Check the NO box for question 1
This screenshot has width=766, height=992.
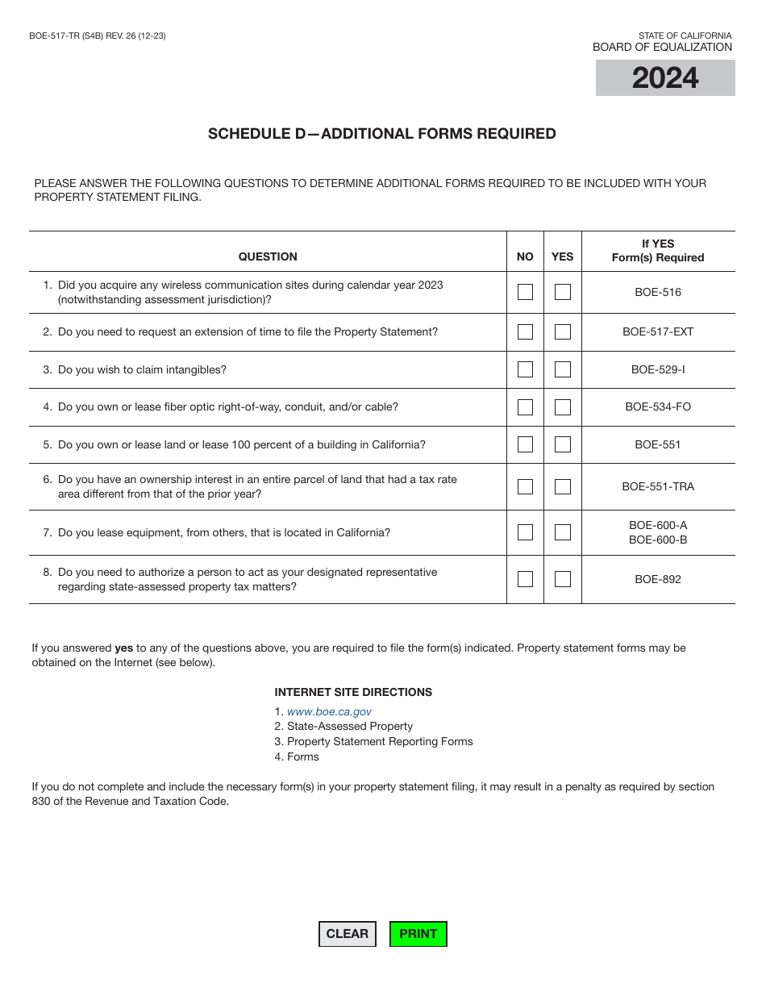coord(525,292)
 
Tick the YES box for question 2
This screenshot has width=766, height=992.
coord(563,331)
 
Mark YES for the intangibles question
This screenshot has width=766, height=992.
coord(563,369)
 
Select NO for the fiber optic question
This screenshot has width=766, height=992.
coord(525,407)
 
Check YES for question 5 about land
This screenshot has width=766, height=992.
coord(563,444)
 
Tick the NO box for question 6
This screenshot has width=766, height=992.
coord(525,486)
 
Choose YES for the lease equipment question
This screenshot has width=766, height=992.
coord(563,532)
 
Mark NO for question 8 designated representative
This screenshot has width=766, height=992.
coord(525,579)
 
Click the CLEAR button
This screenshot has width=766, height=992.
coord(348,934)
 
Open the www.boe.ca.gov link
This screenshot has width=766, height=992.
coord(329,711)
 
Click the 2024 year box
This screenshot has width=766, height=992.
coord(665,78)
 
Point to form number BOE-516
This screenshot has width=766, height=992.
coord(658,292)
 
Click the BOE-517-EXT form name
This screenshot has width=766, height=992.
coord(658,331)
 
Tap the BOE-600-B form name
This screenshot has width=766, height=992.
coord(658,540)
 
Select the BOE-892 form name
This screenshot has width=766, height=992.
coord(658,579)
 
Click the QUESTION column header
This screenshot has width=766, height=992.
coord(268,256)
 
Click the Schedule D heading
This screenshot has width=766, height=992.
coord(382,134)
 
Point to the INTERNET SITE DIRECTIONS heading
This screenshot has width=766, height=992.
coord(353,692)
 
